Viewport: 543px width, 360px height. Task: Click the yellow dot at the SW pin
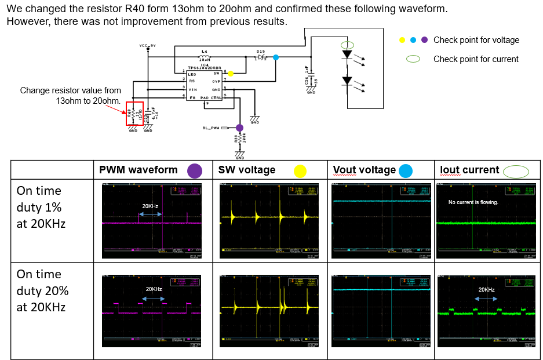[231, 74]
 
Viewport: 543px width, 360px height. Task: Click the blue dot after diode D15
[275, 57]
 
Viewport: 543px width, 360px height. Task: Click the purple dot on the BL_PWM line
[239, 128]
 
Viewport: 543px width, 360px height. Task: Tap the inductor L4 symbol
[204, 56]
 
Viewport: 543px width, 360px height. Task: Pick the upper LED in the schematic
[347, 54]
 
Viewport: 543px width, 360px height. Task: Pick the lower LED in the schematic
[347, 82]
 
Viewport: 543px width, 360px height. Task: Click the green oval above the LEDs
[347, 45]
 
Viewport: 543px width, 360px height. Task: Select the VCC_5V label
[148, 45]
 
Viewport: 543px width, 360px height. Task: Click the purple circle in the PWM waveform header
[194, 170]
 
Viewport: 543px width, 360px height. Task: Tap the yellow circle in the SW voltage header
[300, 170]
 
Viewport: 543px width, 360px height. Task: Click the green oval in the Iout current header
[516, 170]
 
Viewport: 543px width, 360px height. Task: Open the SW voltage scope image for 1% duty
[269, 221]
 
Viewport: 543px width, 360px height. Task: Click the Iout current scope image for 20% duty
[487, 311]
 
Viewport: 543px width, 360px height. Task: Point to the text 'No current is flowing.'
[473, 202]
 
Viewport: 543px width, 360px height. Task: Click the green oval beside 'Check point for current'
[413, 59]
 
